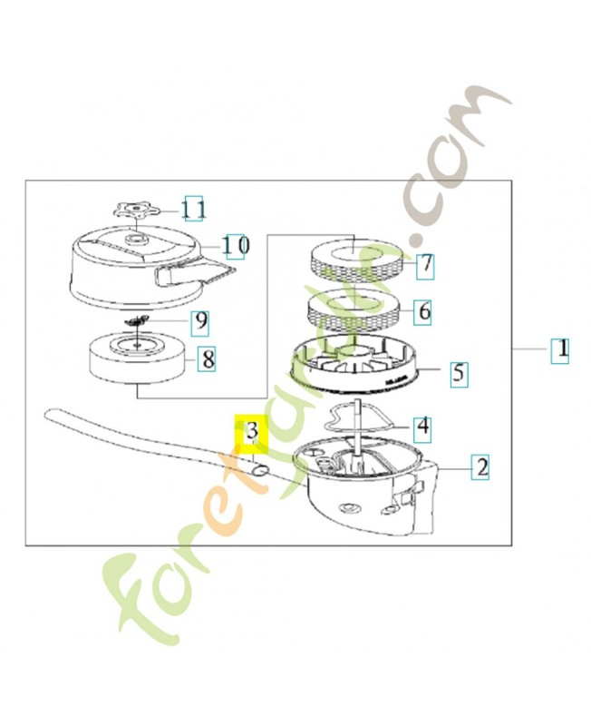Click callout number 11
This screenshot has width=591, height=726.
click(x=193, y=209)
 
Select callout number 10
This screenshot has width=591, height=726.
click(x=236, y=245)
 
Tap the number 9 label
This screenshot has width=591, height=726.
click(x=200, y=321)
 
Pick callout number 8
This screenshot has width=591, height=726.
click(x=208, y=358)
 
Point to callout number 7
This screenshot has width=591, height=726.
click(x=425, y=265)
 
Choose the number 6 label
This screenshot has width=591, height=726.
click(x=423, y=311)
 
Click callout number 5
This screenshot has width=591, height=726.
click(x=459, y=373)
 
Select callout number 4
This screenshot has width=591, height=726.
click(x=423, y=427)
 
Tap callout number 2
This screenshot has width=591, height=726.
click(x=480, y=467)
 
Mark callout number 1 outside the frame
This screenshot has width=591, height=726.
click(x=560, y=350)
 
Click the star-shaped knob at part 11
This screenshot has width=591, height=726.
click(x=137, y=211)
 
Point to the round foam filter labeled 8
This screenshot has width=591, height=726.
click(x=138, y=358)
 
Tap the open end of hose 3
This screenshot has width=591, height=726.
click(x=260, y=471)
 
